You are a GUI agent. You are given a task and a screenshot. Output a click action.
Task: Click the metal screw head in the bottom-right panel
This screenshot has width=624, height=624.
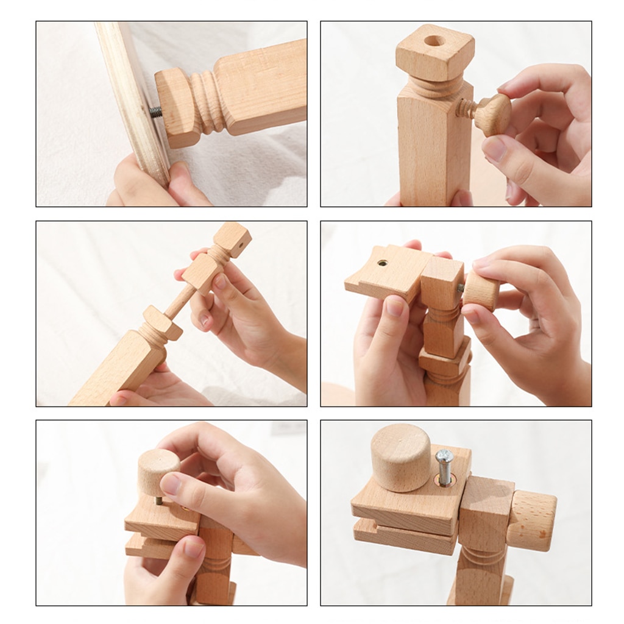point(444,458)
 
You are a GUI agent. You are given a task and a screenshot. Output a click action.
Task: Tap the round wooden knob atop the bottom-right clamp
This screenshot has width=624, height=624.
point(401,456)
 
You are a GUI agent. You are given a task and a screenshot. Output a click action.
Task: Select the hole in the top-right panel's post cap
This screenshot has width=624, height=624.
point(434,41)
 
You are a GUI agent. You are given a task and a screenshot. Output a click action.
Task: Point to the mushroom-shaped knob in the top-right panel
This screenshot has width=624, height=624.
point(493,114)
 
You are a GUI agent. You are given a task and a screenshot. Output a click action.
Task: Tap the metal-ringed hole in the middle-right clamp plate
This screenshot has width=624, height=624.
point(382,263)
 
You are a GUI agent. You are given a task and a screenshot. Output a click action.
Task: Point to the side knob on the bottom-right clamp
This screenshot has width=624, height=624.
point(531,520)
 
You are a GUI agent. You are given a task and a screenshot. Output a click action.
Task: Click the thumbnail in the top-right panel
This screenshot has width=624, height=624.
point(494,148)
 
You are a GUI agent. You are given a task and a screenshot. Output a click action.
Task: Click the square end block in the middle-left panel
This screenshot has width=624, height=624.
point(233,239)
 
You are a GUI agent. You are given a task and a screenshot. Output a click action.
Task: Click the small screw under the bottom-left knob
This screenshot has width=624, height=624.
point(158,500)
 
